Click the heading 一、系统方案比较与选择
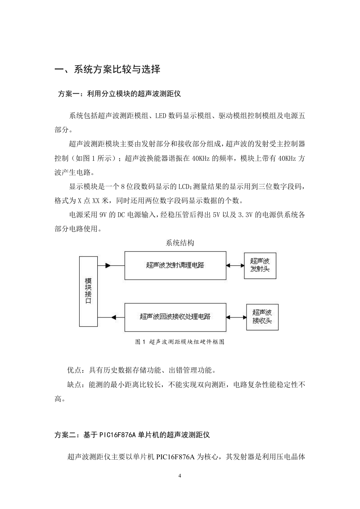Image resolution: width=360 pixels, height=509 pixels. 107,69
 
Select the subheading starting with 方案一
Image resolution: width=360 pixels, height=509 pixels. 119,94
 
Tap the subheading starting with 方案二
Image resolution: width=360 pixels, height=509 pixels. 132,435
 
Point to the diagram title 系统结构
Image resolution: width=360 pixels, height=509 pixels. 180,243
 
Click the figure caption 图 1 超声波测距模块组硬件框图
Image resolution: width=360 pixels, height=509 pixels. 180,342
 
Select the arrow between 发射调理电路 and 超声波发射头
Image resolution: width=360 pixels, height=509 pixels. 235,265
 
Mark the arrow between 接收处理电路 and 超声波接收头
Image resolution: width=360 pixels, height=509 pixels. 236,317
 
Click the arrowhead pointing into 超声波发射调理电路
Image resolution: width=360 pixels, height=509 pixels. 108,265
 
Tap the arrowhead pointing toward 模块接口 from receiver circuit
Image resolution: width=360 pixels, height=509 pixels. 114,317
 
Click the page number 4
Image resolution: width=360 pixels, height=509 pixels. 180,476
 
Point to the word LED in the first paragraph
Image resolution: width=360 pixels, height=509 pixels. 161,116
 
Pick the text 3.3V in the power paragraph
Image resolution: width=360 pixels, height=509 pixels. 245,215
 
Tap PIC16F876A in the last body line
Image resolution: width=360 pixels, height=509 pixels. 175,457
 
